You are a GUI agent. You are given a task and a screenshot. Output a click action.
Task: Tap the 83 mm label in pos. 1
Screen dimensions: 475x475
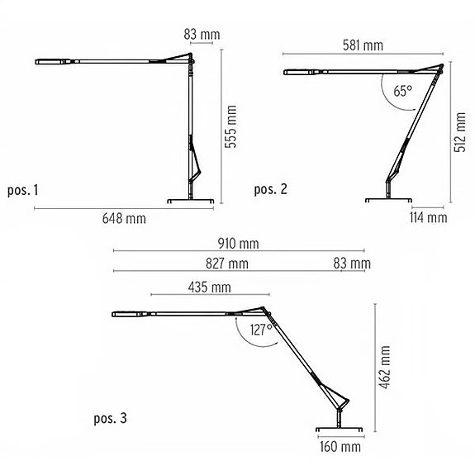(203, 34)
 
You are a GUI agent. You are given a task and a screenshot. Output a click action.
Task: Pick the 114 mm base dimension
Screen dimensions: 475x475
(429, 218)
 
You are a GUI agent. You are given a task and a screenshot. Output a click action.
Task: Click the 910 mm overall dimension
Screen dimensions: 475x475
(240, 244)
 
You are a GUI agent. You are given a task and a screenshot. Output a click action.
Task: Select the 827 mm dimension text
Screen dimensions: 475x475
(228, 264)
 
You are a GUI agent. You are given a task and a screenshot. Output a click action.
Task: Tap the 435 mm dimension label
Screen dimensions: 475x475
(210, 287)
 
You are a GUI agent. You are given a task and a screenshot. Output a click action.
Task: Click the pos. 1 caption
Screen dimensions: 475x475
(21, 191)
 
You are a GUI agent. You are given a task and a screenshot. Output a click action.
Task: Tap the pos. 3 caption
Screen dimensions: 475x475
(110, 419)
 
